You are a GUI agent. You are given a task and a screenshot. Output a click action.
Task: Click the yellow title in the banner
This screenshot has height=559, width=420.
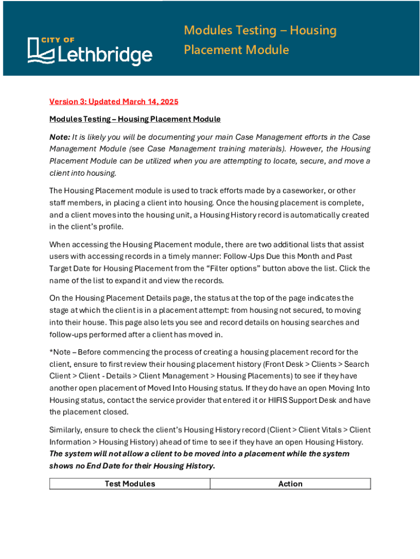click(260, 40)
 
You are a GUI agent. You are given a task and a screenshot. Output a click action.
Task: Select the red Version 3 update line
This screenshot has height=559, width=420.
click(113, 102)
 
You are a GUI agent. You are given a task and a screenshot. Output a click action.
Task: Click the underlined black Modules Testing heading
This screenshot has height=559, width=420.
click(135, 119)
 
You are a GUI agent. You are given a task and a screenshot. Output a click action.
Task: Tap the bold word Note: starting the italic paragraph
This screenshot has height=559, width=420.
click(59, 137)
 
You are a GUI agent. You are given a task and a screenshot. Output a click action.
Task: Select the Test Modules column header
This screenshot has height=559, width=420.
click(129, 484)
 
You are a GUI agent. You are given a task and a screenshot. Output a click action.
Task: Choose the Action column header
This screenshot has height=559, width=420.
click(290, 484)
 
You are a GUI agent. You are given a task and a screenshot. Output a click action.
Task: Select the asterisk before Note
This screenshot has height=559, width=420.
click(51, 352)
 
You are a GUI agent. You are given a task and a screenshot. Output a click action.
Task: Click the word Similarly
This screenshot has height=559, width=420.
click(66, 430)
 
